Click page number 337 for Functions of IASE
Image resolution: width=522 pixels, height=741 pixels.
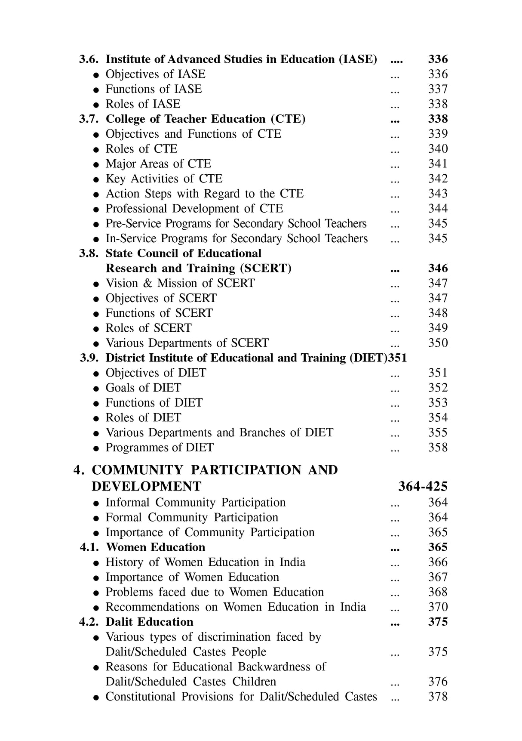click(x=438, y=89)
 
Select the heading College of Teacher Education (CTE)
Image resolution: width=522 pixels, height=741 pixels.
click(x=206, y=119)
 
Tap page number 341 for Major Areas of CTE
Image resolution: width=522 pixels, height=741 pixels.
click(x=438, y=164)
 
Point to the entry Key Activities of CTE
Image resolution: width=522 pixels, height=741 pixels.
click(x=164, y=179)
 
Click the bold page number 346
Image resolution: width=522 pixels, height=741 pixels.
click(x=438, y=269)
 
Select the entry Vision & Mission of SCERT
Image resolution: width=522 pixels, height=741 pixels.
click(x=180, y=283)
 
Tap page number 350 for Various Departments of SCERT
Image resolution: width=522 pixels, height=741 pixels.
click(x=438, y=343)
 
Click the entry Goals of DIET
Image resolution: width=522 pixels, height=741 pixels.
click(x=143, y=388)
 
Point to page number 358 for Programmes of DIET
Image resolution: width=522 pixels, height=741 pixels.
click(x=438, y=448)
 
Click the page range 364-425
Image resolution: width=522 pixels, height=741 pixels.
click(x=423, y=487)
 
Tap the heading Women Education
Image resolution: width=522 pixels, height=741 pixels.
click(x=155, y=547)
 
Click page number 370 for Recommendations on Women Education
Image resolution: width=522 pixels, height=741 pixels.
click(x=438, y=607)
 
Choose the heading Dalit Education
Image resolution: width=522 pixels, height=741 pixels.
click(x=149, y=622)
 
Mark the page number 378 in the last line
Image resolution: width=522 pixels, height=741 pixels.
click(x=438, y=697)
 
